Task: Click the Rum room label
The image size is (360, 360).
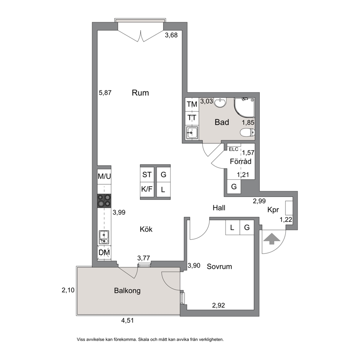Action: [x=140, y=93]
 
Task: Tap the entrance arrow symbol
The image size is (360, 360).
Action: [x=272, y=239]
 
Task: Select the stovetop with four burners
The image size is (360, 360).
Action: [x=104, y=201]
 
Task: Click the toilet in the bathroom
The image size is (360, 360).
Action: [x=247, y=132]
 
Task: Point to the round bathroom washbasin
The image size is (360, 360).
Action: [x=220, y=102]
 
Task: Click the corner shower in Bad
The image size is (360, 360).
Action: [x=244, y=108]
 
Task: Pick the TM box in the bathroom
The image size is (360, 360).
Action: [x=192, y=105]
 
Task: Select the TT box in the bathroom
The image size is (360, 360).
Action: [x=192, y=118]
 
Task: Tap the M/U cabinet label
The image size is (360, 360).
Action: [x=104, y=176]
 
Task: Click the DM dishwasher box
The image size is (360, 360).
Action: [x=104, y=253]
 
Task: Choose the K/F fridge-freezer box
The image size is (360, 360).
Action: [x=147, y=189]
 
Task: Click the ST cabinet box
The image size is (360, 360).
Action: [x=147, y=175]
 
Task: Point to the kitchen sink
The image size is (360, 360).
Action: [x=104, y=237]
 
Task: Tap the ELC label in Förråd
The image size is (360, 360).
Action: [x=233, y=149]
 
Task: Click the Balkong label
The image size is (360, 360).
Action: [x=127, y=291]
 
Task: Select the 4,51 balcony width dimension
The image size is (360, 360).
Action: [x=127, y=320]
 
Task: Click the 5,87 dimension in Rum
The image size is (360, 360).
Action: [x=105, y=93]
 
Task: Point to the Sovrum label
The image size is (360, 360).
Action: [x=219, y=267]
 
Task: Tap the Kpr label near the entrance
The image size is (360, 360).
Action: [x=273, y=210]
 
